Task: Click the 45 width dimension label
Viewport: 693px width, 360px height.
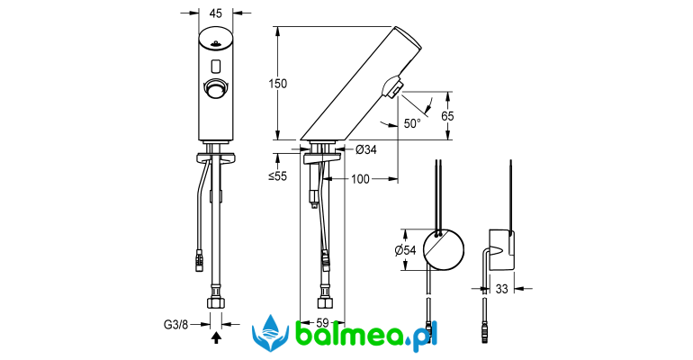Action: click(215, 13)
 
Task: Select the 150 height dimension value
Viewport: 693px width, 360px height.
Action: click(277, 84)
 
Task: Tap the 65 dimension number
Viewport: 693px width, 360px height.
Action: click(447, 116)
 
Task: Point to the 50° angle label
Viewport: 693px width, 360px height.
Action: click(412, 123)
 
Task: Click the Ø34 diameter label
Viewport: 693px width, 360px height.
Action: click(366, 149)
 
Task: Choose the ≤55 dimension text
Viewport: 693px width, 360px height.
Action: click(277, 176)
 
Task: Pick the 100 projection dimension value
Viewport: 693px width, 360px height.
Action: click(360, 179)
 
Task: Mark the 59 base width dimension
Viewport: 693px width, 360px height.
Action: click(322, 324)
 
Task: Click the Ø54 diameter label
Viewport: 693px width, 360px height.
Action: click(405, 250)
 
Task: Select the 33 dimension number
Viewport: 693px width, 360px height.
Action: click(501, 289)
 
